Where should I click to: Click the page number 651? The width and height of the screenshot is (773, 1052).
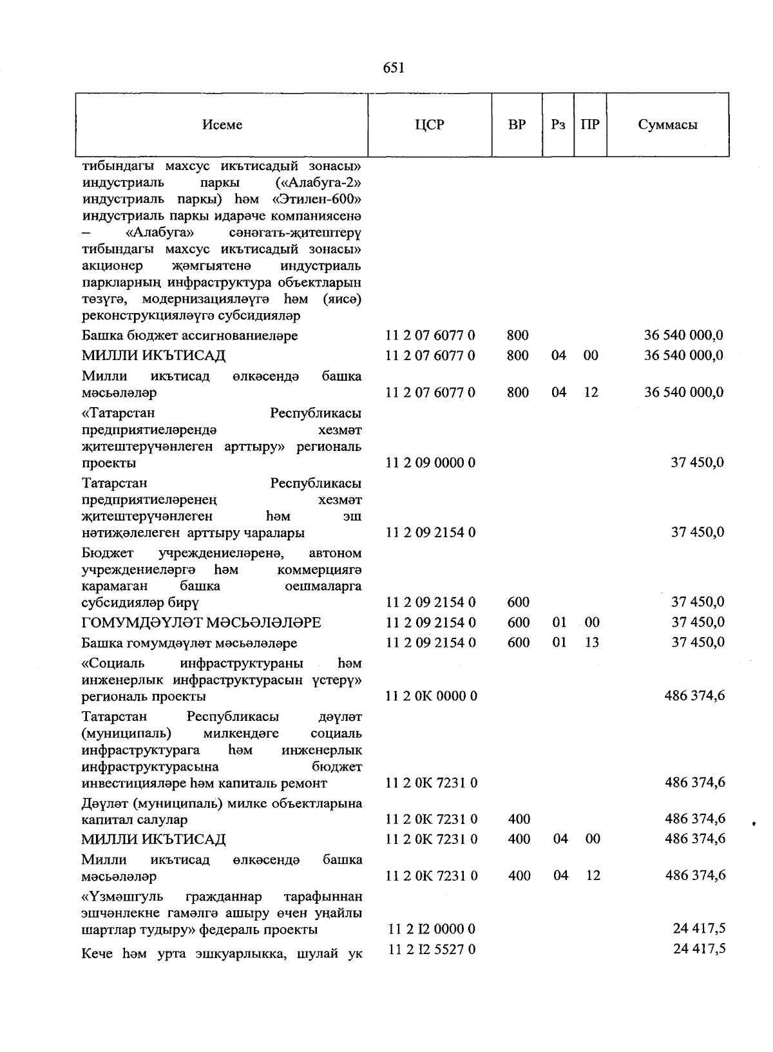tap(393, 68)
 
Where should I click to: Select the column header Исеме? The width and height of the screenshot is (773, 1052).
tap(222, 125)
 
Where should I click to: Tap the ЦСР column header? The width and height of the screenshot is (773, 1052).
tap(430, 125)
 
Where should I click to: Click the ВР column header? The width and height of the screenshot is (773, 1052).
tap(517, 125)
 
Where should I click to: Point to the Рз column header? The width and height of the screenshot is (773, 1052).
tap(558, 125)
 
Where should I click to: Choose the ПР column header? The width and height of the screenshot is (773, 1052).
tap(590, 125)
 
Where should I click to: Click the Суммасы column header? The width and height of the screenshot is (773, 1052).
tap(667, 125)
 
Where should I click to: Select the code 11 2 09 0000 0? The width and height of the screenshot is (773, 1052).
tap(430, 463)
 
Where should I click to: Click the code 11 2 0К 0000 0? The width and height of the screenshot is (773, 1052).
tap(431, 696)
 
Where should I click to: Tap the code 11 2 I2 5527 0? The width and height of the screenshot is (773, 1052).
tap(432, 950)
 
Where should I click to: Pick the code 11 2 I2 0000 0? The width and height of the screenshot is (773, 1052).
tap(432, 929)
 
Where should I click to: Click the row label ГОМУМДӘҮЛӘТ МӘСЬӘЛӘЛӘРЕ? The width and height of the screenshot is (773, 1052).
tap(201, 622)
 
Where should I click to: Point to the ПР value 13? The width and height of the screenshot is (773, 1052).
tap(591, 642)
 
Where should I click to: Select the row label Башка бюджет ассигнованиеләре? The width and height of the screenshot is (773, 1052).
tap(189, 336)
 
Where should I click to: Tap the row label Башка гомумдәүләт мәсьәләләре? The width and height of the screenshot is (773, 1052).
tap(189, 643)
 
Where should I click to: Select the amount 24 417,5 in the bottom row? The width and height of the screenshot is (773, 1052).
tap(699, 949)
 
